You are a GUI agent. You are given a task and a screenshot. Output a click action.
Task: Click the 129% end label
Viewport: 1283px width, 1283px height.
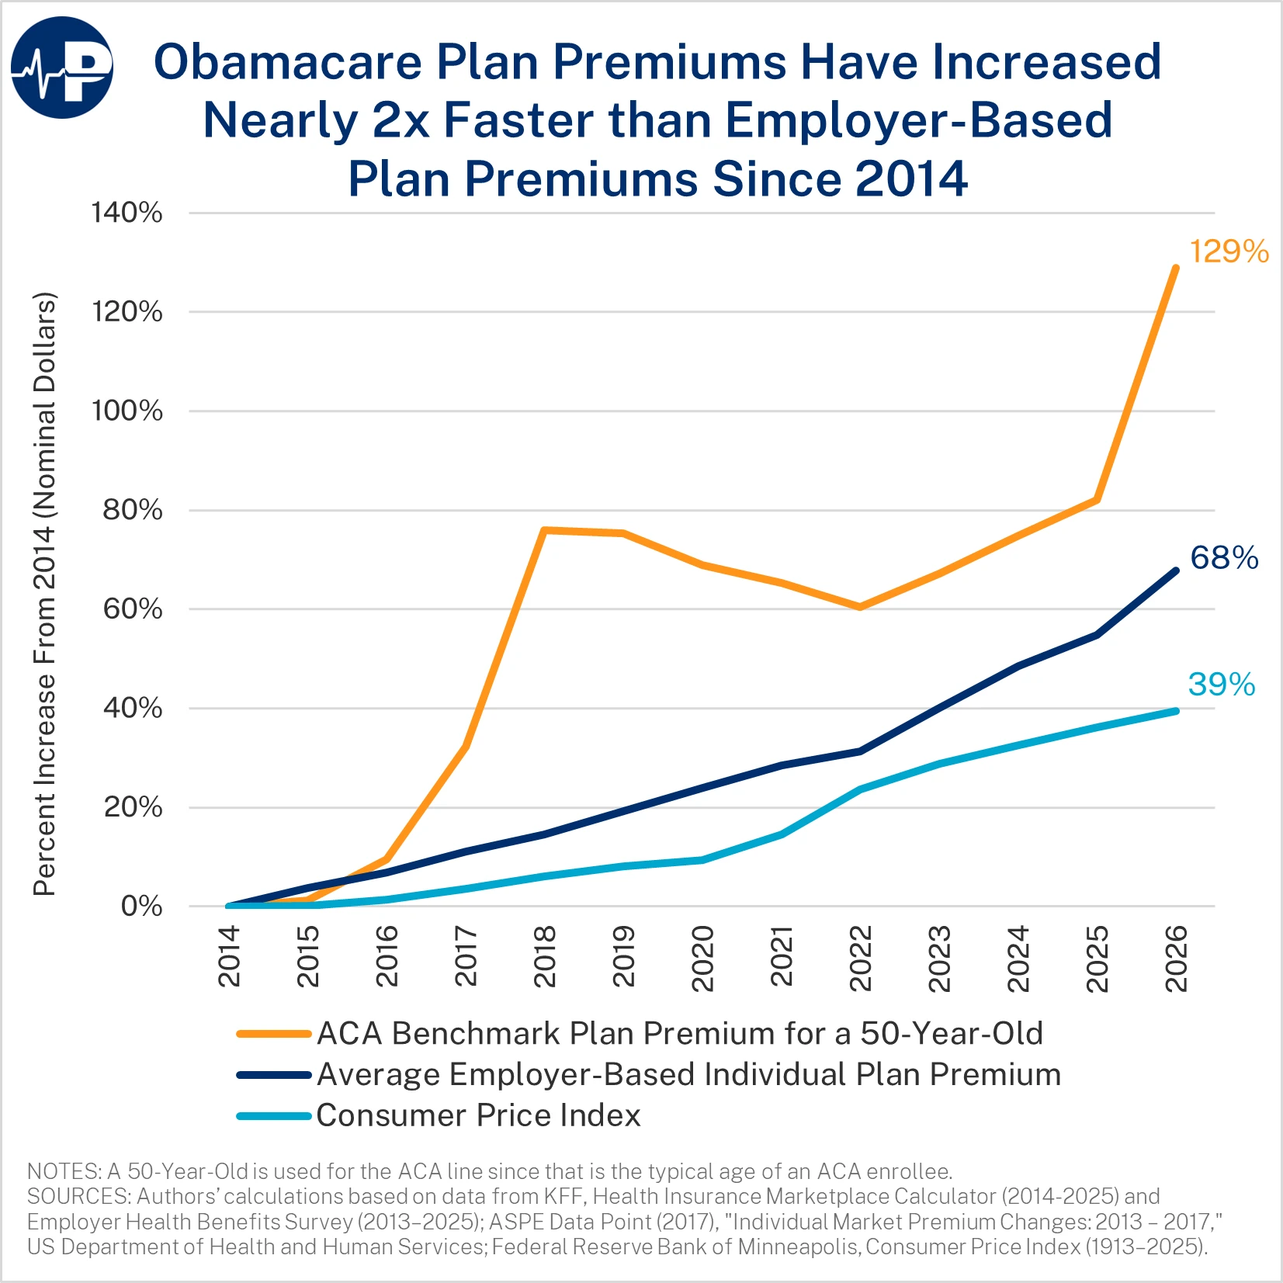click(1229, 251)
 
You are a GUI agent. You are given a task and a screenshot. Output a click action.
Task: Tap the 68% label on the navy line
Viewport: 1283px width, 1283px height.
click(1224, 557)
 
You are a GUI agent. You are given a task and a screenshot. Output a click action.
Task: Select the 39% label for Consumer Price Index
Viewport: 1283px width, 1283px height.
click(1221, 685)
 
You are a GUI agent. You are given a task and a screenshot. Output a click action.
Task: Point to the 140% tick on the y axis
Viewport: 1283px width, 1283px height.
click(127, 213)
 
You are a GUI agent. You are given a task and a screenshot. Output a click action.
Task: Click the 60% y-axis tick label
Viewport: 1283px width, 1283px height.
click(133, 609)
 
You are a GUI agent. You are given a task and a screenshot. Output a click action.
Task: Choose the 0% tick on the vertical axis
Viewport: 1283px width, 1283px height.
click(141, 907)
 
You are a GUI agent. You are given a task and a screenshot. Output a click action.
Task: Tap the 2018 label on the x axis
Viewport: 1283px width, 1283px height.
click(545, 956)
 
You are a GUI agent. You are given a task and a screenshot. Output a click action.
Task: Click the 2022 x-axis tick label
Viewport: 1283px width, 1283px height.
click(861, 958)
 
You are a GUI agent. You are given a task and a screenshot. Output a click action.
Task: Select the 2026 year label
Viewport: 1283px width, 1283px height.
click(1176, 958)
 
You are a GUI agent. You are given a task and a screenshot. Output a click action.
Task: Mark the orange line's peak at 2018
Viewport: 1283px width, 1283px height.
click(544, 530)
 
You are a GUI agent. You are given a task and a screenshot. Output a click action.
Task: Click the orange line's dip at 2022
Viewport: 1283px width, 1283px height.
click(860, 607)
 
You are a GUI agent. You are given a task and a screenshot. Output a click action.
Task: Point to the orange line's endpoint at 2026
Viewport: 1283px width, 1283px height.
click(1175, 269)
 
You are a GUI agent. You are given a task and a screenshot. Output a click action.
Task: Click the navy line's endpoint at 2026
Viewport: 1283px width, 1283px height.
click(1175, 571)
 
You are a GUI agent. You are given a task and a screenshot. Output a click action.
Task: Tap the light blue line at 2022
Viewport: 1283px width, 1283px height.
click(860, 789)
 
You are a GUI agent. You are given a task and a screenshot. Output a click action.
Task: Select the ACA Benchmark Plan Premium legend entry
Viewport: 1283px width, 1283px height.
click(679, 1034)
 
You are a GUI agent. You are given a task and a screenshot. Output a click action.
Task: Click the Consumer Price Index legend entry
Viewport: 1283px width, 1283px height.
click(478, 1115)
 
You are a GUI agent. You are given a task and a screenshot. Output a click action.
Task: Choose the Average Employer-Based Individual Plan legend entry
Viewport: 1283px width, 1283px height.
click(688, 1075)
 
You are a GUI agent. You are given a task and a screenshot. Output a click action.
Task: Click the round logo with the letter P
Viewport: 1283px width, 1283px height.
click(62, 68)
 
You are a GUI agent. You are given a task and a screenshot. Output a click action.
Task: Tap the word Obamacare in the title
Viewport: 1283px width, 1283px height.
click(287, 61)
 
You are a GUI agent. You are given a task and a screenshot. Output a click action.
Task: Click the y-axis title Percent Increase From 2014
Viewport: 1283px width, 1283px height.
click(44, 595)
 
